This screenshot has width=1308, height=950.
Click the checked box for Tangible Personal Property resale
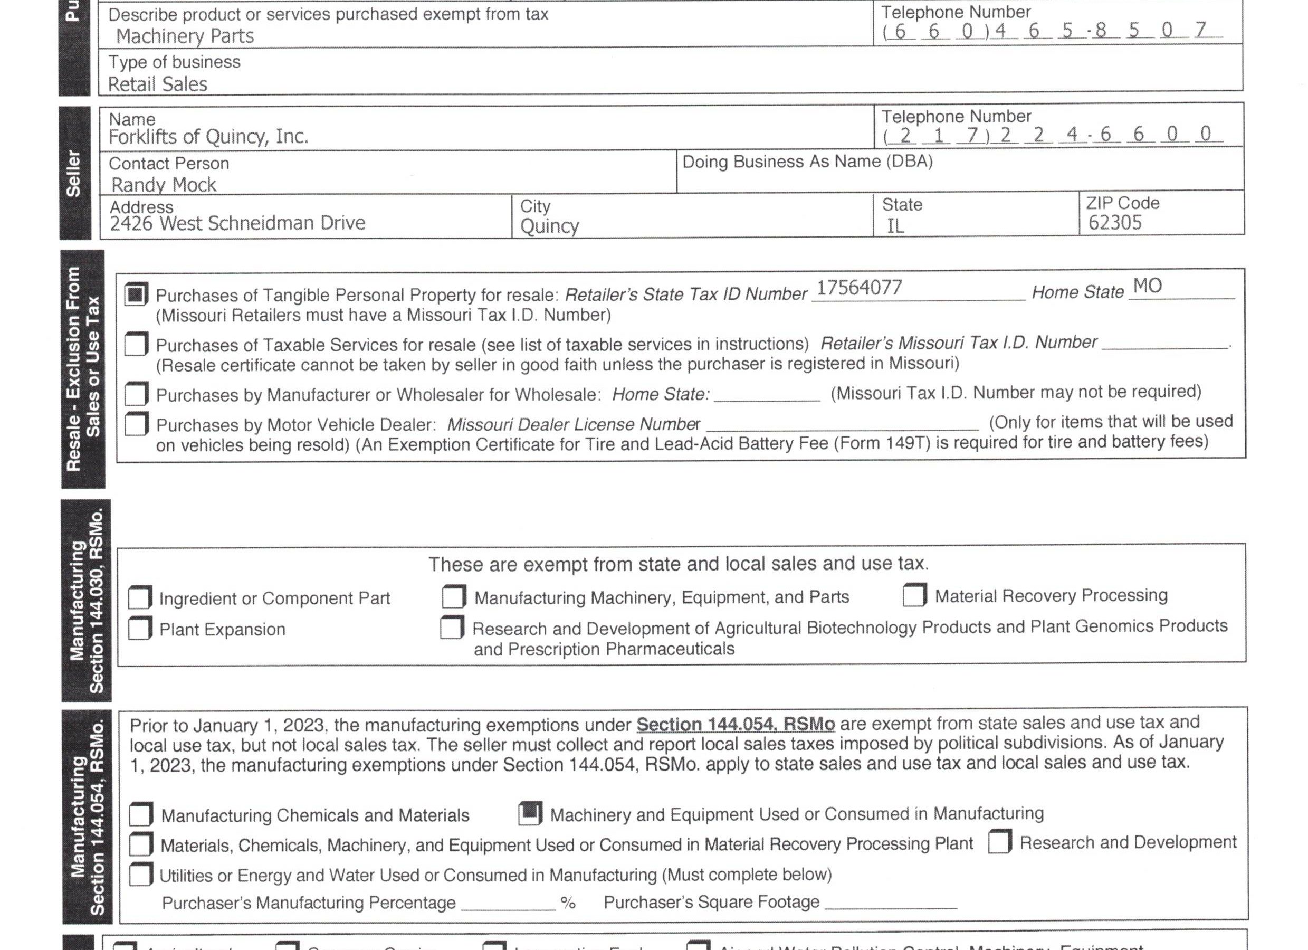point(136,294)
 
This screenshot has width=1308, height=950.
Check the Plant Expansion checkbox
point(140,628)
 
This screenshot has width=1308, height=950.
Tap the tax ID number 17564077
point(860,287)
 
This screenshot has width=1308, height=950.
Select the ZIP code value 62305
point(1115,223)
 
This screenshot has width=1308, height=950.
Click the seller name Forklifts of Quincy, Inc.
point(208,137)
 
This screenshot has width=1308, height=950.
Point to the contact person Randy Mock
point(164,185)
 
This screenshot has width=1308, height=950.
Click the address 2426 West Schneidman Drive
point(237,223)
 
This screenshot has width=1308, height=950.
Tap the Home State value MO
point(1147,286)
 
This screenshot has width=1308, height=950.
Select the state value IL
point(895,226)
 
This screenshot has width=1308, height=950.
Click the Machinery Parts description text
point(185,36)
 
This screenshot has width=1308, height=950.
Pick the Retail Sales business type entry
point(157,84)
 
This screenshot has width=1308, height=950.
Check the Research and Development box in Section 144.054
point(999,842)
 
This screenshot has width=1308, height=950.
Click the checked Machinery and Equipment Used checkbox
point(530,813)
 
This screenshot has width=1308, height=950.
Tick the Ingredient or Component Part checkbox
point(140,597)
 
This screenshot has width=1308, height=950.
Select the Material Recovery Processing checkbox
point(915,595)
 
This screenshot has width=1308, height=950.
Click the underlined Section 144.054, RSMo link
point(736,724)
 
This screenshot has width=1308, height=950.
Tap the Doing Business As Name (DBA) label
point(807,161)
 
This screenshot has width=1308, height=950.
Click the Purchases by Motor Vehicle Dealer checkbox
point(137,424)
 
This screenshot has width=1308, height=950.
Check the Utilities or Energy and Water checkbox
point(141,875)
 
